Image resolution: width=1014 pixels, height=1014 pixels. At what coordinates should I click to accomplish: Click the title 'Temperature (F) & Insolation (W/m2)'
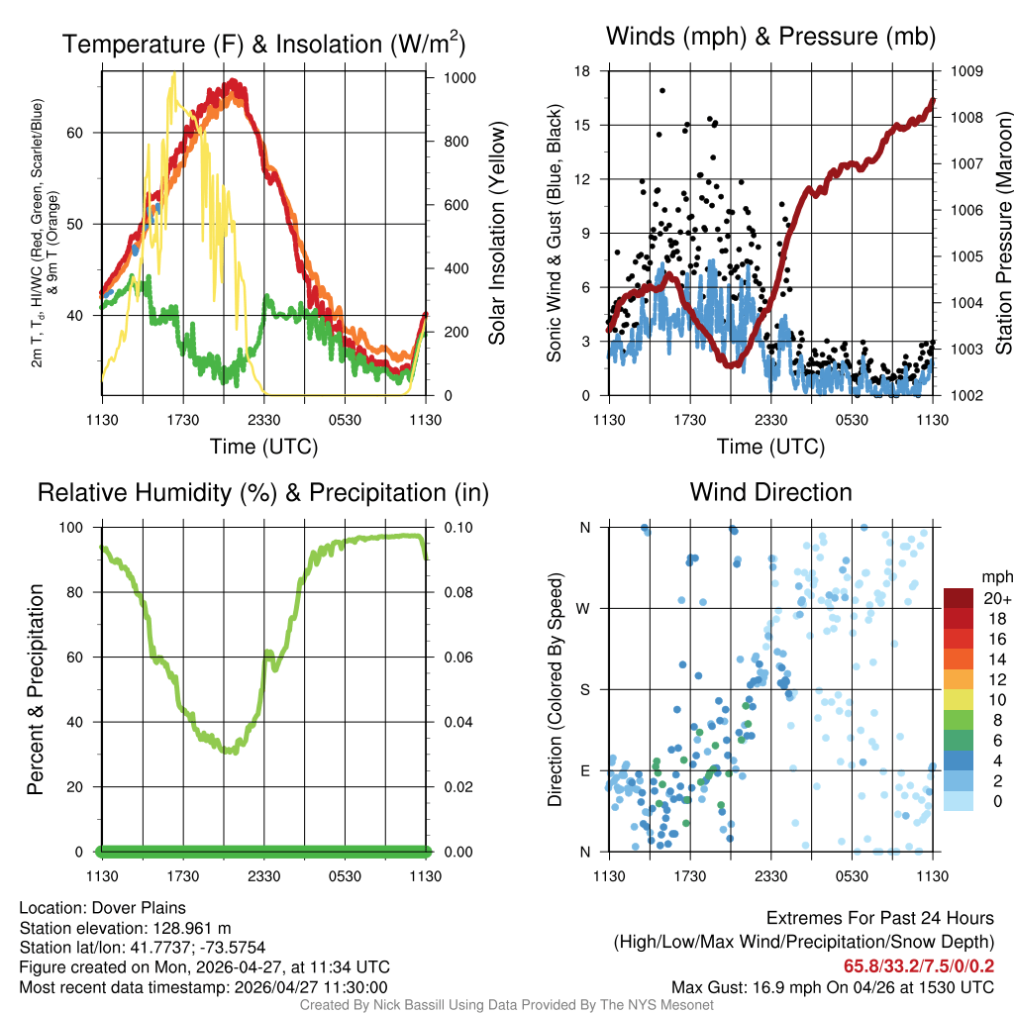click(263, 45)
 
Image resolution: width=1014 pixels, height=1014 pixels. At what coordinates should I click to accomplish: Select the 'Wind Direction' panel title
click(770, 492)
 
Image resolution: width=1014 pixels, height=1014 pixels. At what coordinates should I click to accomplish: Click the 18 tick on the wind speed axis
click(582, 71)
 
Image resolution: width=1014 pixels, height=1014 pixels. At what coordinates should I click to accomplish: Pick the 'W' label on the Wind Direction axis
click(584, 608)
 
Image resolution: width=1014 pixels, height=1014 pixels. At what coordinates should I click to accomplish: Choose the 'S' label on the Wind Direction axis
click(584, 689)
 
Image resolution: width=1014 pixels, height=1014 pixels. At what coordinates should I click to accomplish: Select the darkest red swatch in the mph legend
click(959, 598)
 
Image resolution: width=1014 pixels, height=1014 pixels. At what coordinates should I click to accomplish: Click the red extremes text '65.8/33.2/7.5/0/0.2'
click(919, 966)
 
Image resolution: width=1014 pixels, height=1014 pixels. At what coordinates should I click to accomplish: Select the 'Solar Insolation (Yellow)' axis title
click(496, 234)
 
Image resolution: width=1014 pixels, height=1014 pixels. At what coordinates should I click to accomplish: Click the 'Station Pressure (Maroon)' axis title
click(1003, 234)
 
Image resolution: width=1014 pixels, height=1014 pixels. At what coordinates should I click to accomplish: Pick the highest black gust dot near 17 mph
click(661, 90)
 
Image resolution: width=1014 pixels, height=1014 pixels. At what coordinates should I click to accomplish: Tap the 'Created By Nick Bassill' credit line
click(507, 1005)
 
